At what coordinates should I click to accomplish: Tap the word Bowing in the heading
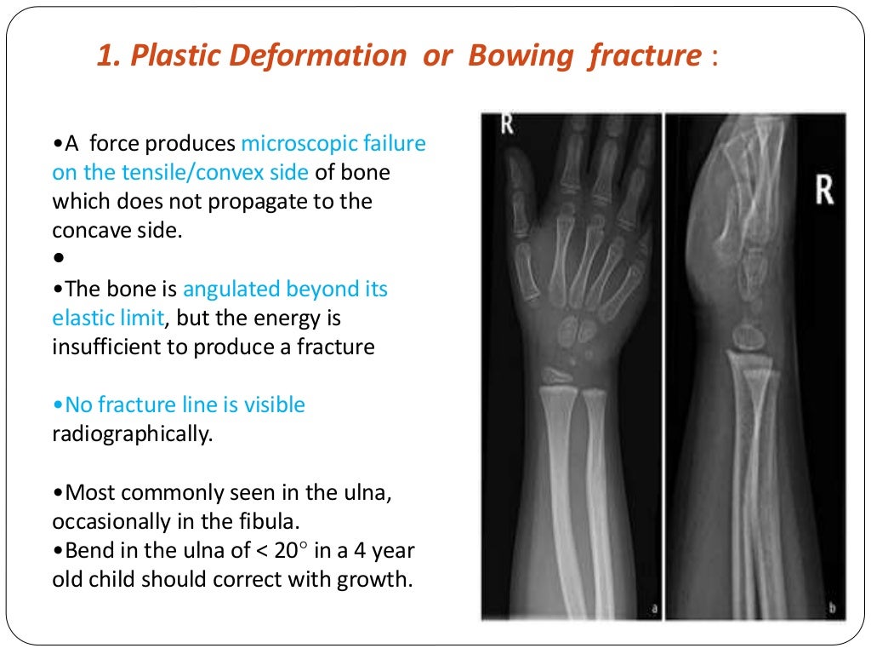(505, 56)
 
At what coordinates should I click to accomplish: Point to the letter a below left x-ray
(653, 608)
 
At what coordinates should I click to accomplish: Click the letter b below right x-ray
(832, 608)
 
